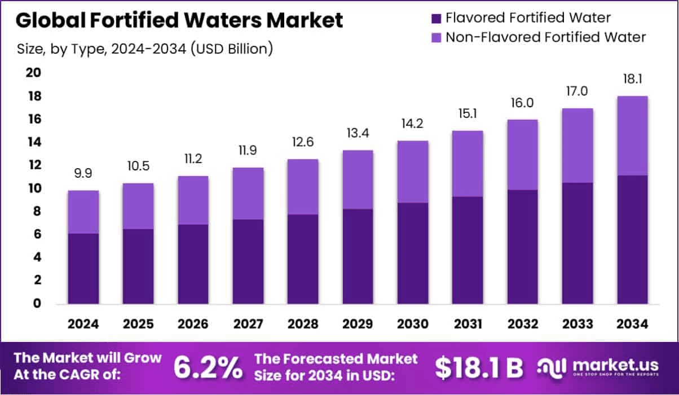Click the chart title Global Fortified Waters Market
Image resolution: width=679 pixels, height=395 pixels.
tap(179, 20)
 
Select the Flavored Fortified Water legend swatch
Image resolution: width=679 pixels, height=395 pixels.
tap(436, 18)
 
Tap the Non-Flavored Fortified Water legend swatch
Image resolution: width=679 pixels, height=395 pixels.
tap(436, 38)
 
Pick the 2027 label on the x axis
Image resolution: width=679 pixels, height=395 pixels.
tap(248, 324)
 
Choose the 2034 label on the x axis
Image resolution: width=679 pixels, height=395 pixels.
tap(632, 324)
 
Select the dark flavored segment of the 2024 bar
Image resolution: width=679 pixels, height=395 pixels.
tap(83, 269)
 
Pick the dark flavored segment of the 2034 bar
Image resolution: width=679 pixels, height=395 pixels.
tap(632, 240)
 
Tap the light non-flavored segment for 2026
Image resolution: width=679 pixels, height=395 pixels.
tap(193, 200)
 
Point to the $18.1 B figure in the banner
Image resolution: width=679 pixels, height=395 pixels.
tap(479, 367)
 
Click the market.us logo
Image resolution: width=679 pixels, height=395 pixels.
tap(598, 367)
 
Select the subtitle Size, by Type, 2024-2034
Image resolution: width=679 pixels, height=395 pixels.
tap(145, 49)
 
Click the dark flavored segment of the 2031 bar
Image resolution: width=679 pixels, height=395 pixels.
tap(467, 251)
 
